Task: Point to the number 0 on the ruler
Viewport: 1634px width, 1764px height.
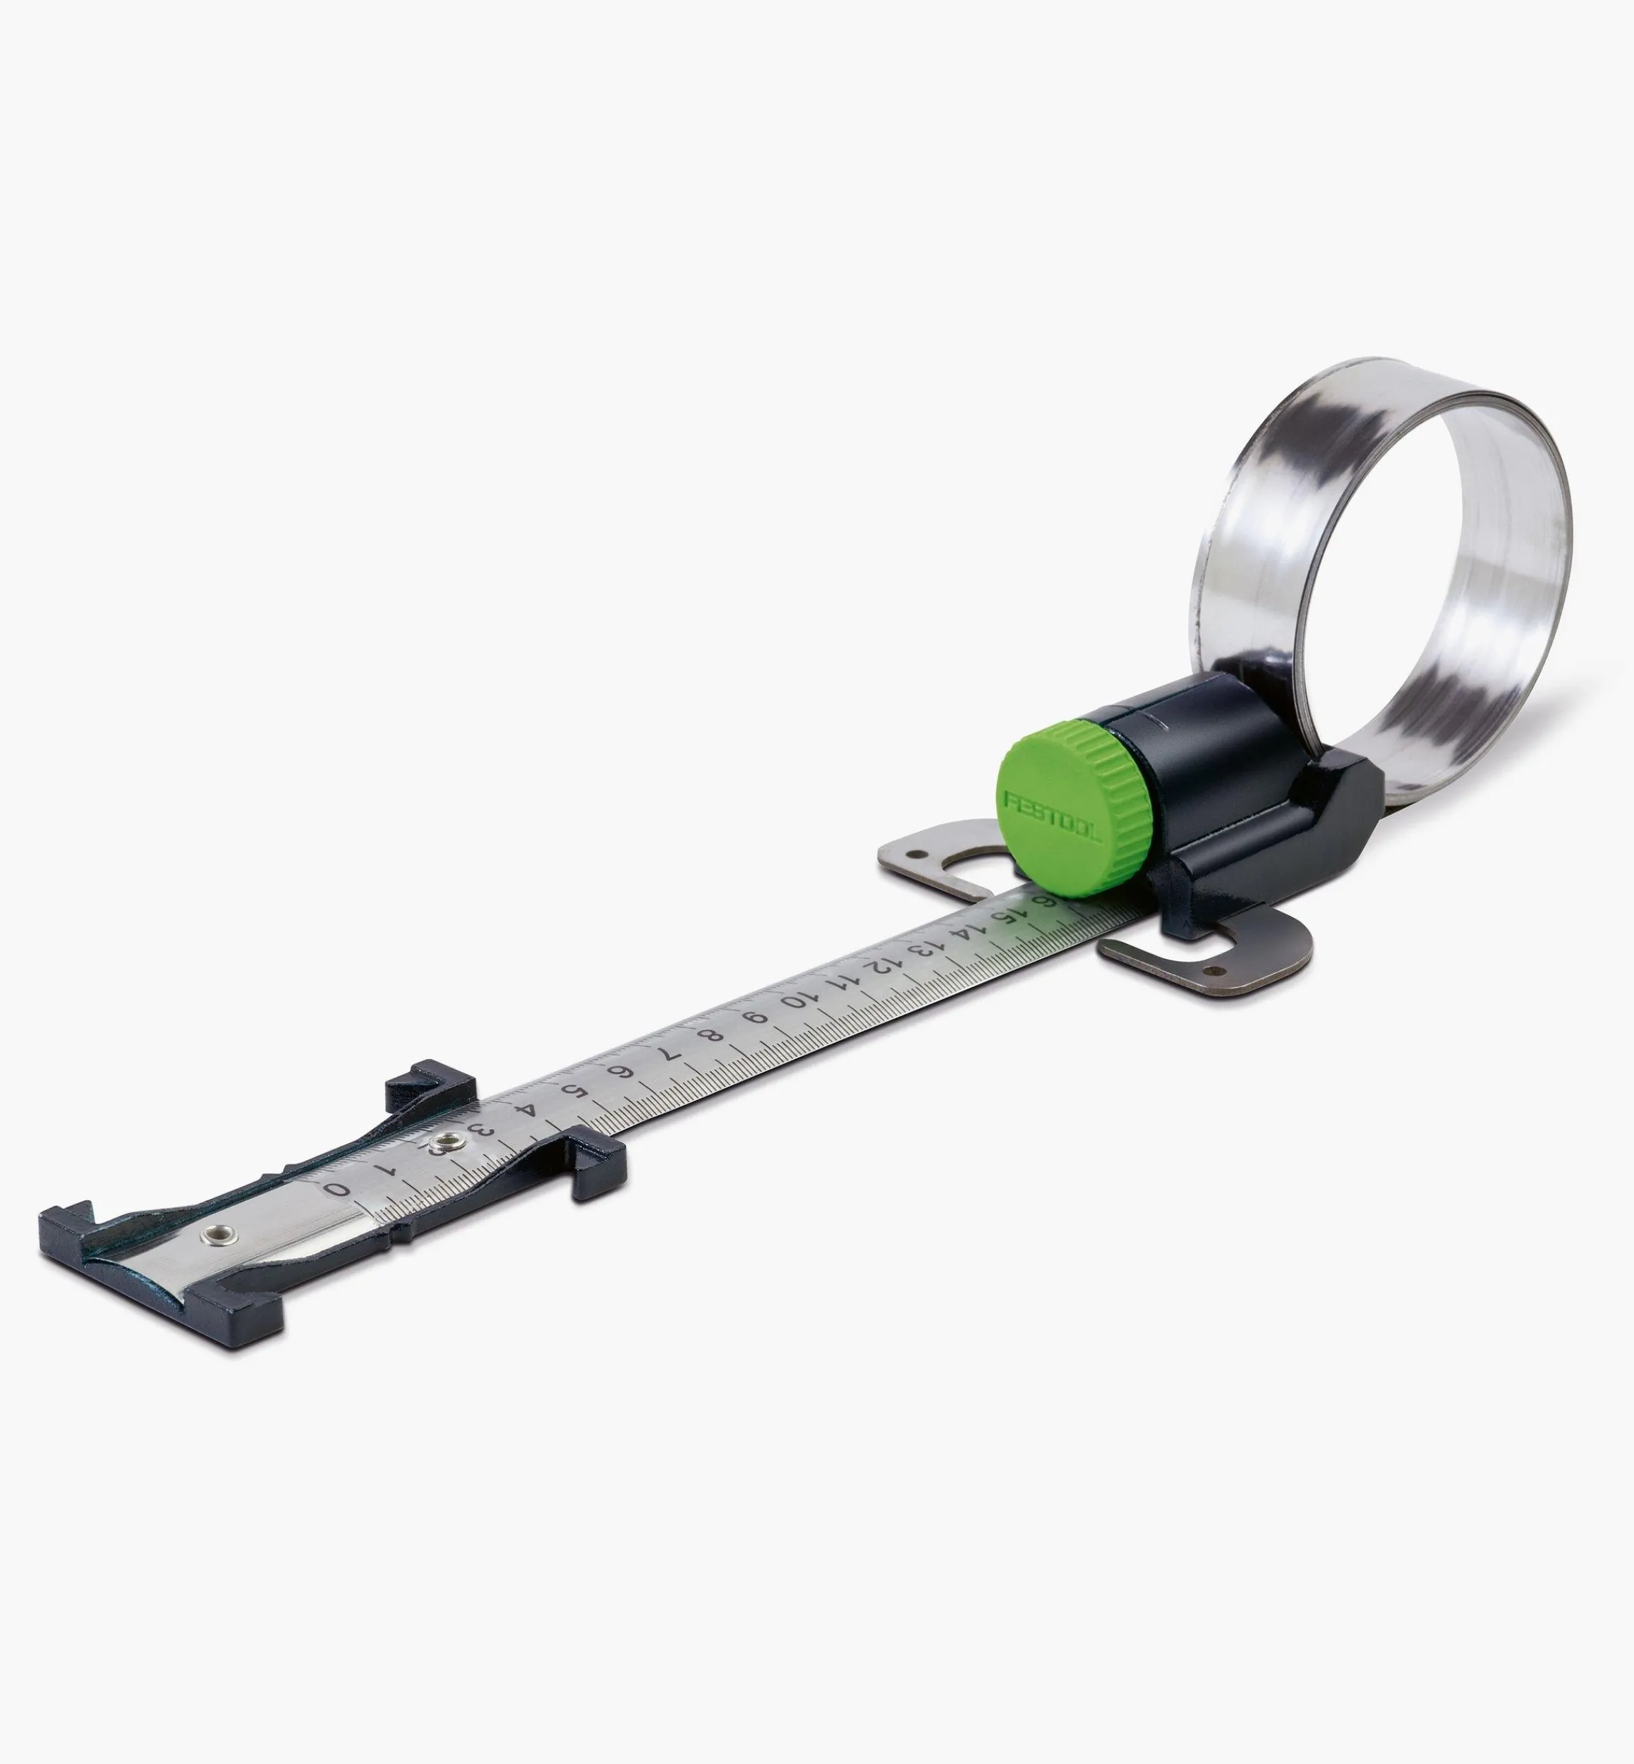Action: pos(337,1188)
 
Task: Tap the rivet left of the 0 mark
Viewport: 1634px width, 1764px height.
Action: pos(213,1233)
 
